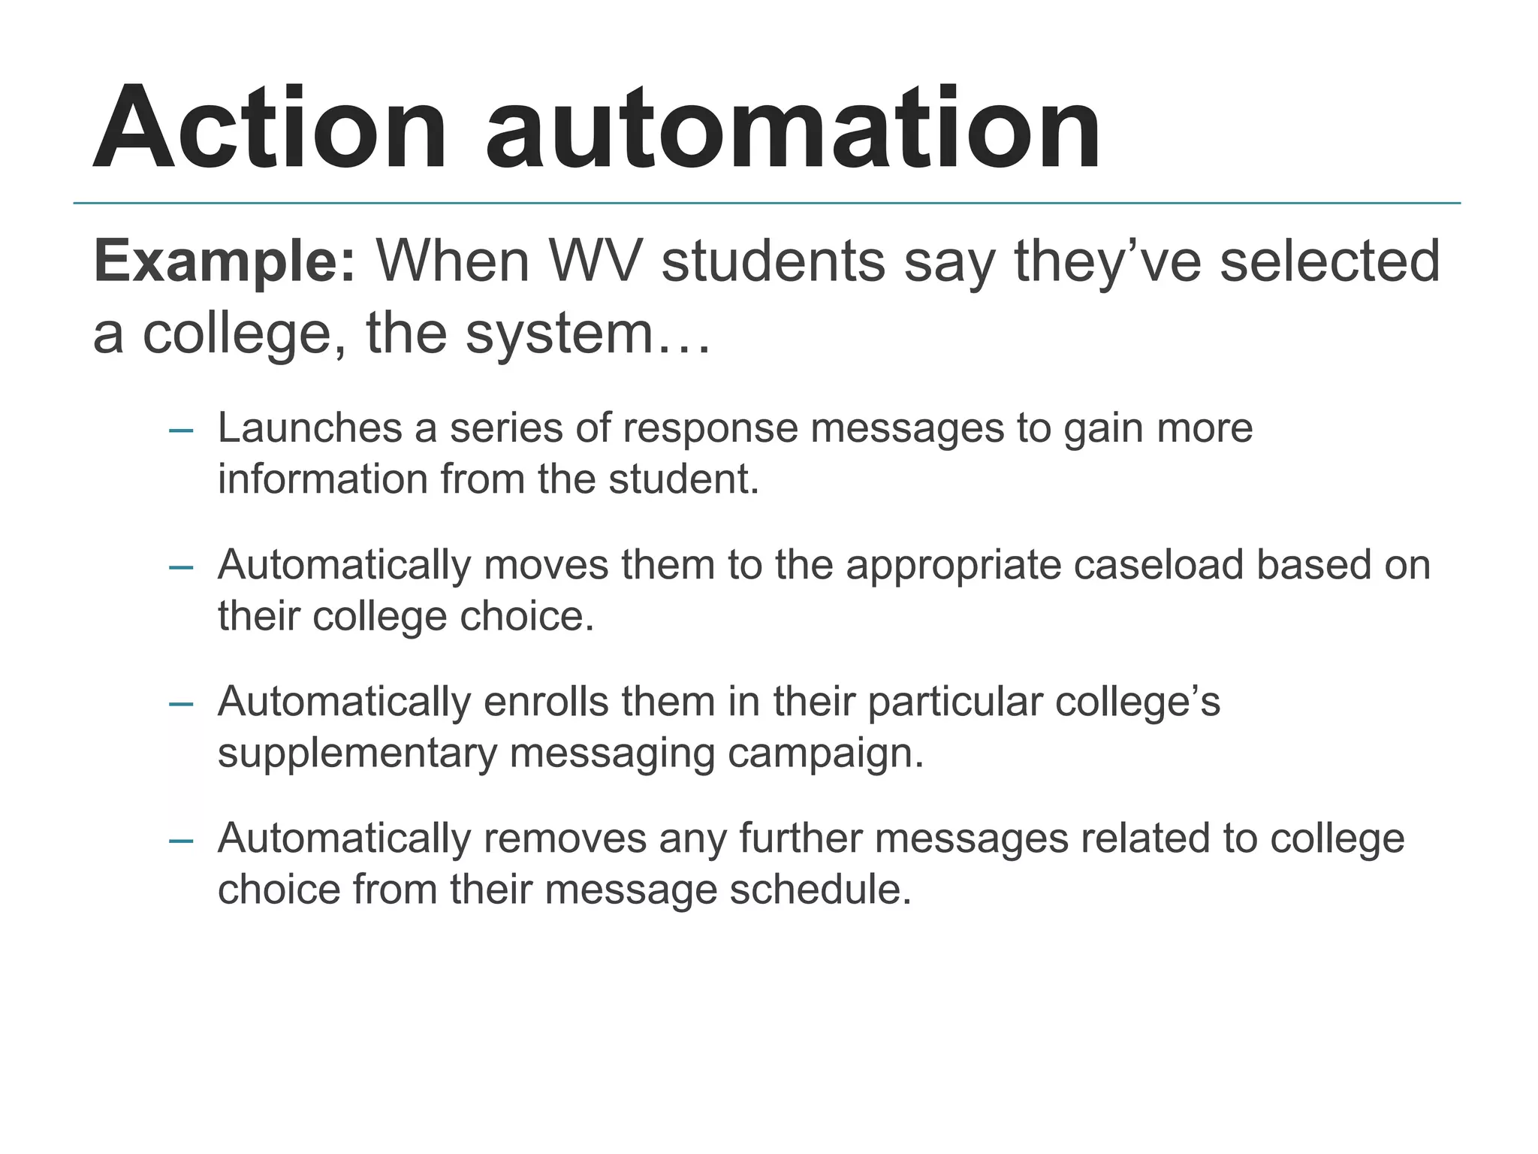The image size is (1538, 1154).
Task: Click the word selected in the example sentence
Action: (x=1330, y=261)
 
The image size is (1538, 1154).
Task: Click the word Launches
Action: (x=309, y=427)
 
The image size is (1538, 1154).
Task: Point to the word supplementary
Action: (x=357, y=754)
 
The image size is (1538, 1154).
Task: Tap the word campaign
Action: (x=825, y=754)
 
